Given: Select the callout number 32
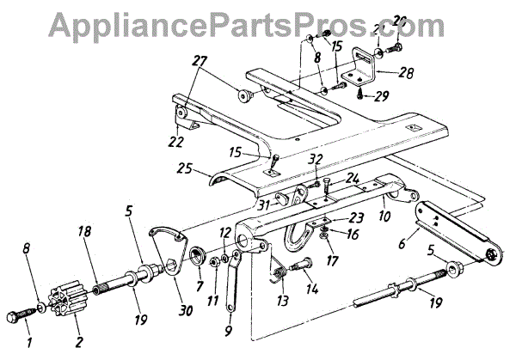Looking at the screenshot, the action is tap(314, 159).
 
